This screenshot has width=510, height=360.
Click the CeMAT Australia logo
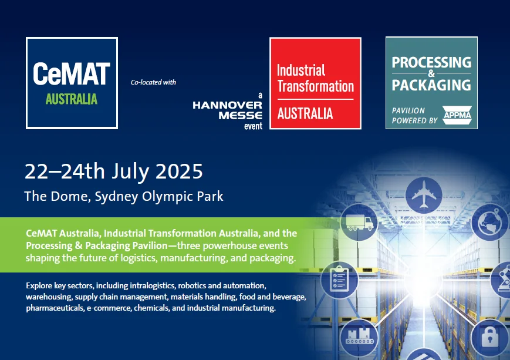72,83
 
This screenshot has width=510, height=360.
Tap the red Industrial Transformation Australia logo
316,83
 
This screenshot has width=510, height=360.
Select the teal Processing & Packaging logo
431,83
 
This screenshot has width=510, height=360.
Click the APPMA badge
457,115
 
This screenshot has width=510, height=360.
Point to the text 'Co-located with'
153,82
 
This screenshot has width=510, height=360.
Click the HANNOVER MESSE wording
227,110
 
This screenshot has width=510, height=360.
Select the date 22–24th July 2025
114,171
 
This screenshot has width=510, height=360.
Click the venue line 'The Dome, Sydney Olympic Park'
124,196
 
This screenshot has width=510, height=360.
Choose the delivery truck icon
359,223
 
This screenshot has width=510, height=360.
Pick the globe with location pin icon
490,222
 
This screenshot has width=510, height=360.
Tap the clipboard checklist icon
340,280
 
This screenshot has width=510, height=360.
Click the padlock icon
490,337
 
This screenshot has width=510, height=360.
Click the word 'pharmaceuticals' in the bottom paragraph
55,308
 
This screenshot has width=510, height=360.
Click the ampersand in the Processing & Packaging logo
431,73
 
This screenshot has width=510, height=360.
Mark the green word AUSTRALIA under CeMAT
72,99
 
